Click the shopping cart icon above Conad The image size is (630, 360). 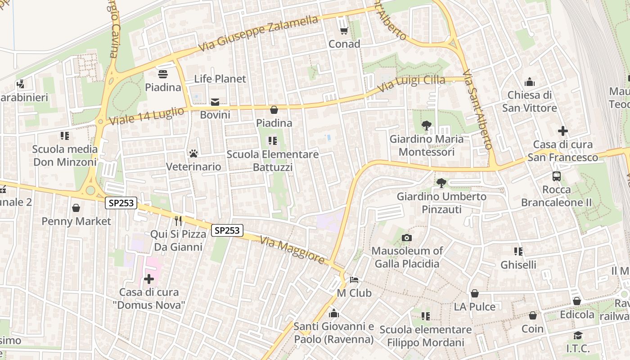pyautogui.click(x=344, y=31)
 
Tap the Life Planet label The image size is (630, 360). pyautogui.click(x=220, y=79)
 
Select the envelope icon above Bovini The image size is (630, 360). pyautogui.click(x=215, y=102)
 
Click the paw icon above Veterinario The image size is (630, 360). pyautogui.click(x=193, y=153)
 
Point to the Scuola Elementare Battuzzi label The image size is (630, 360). pyautogui.click(x=273, y=161)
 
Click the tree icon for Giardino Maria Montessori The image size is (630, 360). pyautogui.click(x=426, y=126)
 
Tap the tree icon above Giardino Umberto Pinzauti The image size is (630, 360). pyautogui.click(x=441, y=183)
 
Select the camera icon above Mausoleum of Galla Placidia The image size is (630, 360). pyautogui.click(x=407, y=238)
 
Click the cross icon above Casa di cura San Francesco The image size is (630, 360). pyautogui.click(x=562, y=131)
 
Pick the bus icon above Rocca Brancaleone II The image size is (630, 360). pyautogui.click(x=557, y=176)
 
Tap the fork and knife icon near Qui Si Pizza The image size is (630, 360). pyautogui.click(x=178, y=220)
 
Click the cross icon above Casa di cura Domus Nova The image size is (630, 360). pyautogui.click(x=149, y=279)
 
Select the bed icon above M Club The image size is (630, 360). pyautogui.click(x=354, y=280)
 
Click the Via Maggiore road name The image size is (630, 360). pyautogui.click(x=292, y=251)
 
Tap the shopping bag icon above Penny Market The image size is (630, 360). pyautogui.click(x=76, y=208)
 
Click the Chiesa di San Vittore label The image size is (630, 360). pyautogui.click(x=529, y=101)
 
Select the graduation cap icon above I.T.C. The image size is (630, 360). pyautogui.click(x=578, y=336)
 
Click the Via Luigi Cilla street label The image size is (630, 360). pyautogui.click(x=410, y=84)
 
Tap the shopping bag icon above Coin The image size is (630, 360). pyautogui.click(x=533, y=316)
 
